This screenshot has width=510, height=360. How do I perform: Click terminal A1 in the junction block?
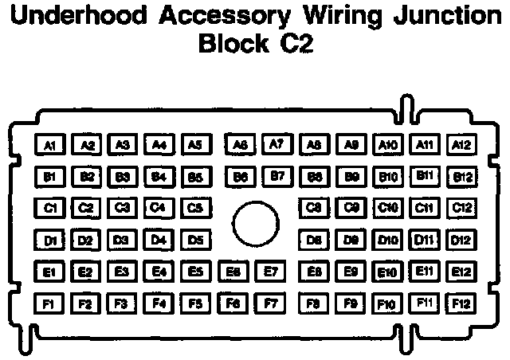pyautogui.click(x=49, y=145)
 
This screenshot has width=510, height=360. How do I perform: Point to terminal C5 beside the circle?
pyautogui.click(x=195, y=208)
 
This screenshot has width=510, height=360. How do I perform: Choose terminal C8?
pyautogui.click(x=314, y=208)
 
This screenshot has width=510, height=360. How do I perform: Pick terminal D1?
pyautogui.click(x=49, y=239)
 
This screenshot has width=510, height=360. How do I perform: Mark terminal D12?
pyautogui.click(x=461, y=239)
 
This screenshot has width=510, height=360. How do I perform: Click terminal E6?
pyautogui.click(x=233, y=272)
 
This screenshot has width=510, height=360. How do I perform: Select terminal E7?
pyautogui.click(x=270, y=272)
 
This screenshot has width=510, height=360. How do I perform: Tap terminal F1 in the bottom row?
pyautogui.click(x=49, y=303)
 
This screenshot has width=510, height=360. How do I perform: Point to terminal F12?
pyautogui.click(x=461, y=303)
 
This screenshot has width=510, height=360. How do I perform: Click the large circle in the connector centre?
pyautogui.click(x=254, y=225)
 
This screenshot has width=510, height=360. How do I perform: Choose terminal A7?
pyautogui.click(x=277, y=144)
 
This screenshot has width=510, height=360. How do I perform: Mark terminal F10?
pyautogui.click(x=387, y=303)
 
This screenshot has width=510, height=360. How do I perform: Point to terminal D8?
pyautogui.click(x=314, y=239)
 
